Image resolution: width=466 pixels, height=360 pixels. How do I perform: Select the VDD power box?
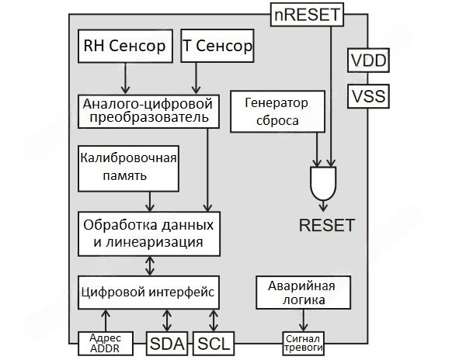[369, 60]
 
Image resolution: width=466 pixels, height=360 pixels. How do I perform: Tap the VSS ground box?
[369, 97]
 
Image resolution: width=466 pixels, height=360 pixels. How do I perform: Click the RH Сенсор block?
[124, 47]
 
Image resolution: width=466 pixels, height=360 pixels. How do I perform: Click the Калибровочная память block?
[128, 166]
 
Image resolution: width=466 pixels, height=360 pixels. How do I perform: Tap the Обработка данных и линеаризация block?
[148, 233]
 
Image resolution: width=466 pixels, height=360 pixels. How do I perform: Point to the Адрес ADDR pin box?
[106, 342]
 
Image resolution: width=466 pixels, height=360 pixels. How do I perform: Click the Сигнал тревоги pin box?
[301, 342]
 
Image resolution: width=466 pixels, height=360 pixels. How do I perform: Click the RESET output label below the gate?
[326, 226]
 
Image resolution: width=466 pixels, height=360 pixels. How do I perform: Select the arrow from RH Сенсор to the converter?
[124, 78]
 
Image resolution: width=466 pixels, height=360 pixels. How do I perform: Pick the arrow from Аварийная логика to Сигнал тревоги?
[302, 320]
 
